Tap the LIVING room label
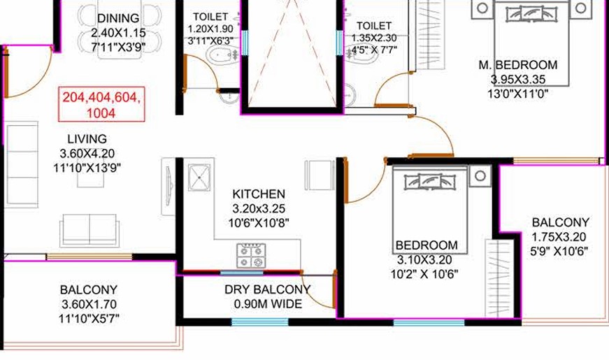pyautogui.click(x=87, y=139)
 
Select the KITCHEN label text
pyautogui.click(x=258, y=194)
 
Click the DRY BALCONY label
pyautogui.click(x=267, y=289)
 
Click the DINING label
pyautogui.click(x=118, y=17)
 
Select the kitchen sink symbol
pyautogui.click(x=201, y=175)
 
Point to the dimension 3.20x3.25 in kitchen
pyautogui.click(x=259, y=208)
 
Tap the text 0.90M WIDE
pyautogui.click(x=267, y=304)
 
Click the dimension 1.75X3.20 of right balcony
pyautogui.click(x=560, y=236)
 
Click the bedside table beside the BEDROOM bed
pyautogui.click(x=480, y=175)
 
